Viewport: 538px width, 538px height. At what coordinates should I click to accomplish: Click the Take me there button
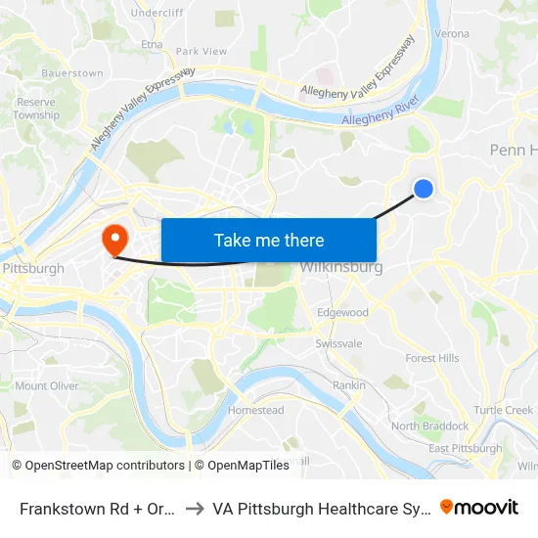click(269, 240)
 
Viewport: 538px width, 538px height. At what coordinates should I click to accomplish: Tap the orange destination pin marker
click(114, 238)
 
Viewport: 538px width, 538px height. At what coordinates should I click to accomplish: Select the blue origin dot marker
click(424, 189)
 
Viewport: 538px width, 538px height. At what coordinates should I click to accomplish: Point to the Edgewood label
click(342, 313)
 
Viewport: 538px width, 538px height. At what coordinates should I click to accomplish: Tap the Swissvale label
click(338, 344)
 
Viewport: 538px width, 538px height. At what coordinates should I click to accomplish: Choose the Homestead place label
click(255, 410)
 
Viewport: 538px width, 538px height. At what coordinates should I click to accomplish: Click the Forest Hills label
click(432, 359)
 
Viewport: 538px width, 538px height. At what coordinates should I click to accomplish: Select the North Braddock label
click(429, 426)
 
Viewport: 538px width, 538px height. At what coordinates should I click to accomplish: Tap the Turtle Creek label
click(503, 411)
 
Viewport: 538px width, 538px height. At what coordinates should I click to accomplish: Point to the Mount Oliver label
click(47, 386)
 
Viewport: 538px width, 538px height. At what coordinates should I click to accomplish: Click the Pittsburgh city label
click(33, 269)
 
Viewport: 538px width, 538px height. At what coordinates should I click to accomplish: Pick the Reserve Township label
click(36, 109)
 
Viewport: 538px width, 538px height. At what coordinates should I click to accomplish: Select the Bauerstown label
click(72, 73)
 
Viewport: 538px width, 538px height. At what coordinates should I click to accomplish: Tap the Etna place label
click(152, 44)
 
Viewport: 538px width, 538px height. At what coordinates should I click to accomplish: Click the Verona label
click(451, 33)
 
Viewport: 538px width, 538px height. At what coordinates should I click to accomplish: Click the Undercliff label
click(157, 14)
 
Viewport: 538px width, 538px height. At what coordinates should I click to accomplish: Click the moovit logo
click(479, 507)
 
